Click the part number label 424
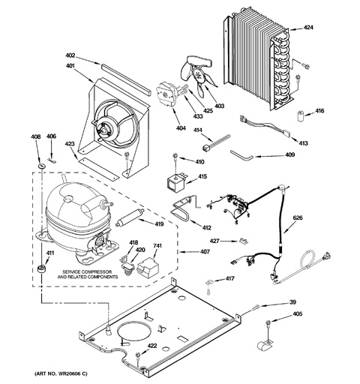[x=308, y=28]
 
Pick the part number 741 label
[x=157, y=247]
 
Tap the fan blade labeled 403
[x=198, y=78]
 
